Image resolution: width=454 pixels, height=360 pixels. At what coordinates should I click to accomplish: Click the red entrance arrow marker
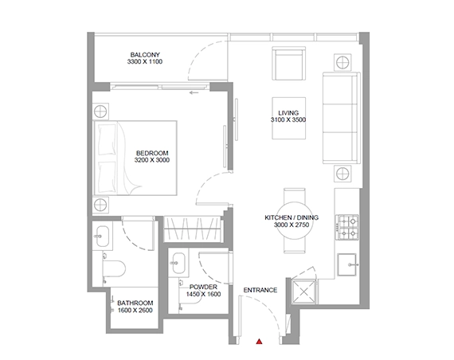(259, 342)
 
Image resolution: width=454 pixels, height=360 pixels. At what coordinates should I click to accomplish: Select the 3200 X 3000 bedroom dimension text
(152, 161)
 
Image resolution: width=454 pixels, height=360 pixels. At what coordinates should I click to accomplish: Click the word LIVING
(288, 112)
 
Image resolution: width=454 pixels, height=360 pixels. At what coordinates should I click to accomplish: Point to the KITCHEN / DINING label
(292, 217)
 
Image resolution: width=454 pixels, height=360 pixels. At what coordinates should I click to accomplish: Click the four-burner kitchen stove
(349, 227)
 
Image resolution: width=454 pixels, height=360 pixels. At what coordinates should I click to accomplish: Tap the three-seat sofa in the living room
(339, 115)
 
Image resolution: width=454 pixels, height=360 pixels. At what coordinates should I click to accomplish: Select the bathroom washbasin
(101, 233)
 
